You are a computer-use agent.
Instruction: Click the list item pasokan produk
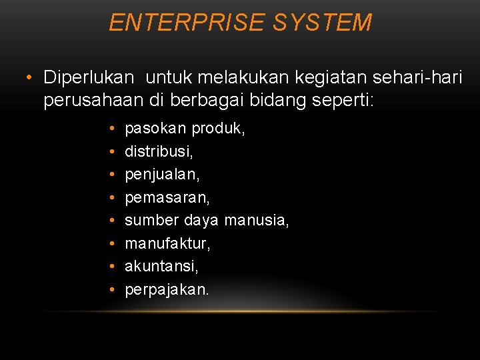(185, 128)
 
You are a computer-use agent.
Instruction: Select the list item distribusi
(159, 151)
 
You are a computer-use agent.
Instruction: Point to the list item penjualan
(162, 175)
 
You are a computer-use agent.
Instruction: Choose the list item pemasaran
(167, 197)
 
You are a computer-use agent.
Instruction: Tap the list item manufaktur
(167, 243)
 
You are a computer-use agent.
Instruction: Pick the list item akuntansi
(161, 266)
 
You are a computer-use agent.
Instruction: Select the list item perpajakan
(167, 289)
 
